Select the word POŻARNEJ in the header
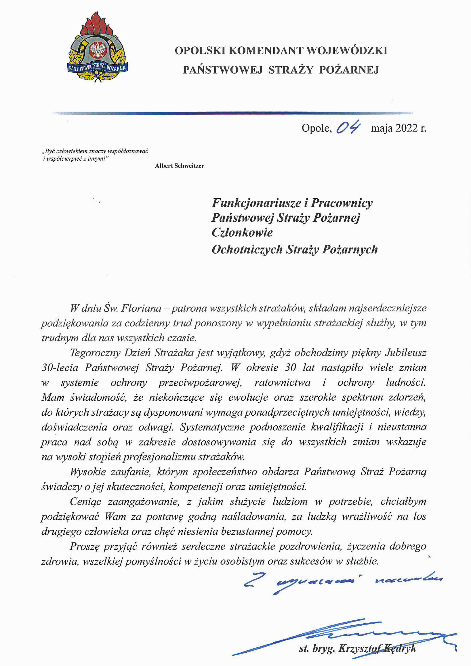349,70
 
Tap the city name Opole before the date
316,128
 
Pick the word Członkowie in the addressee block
242,232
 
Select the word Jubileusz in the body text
405,352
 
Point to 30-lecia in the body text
60,367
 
